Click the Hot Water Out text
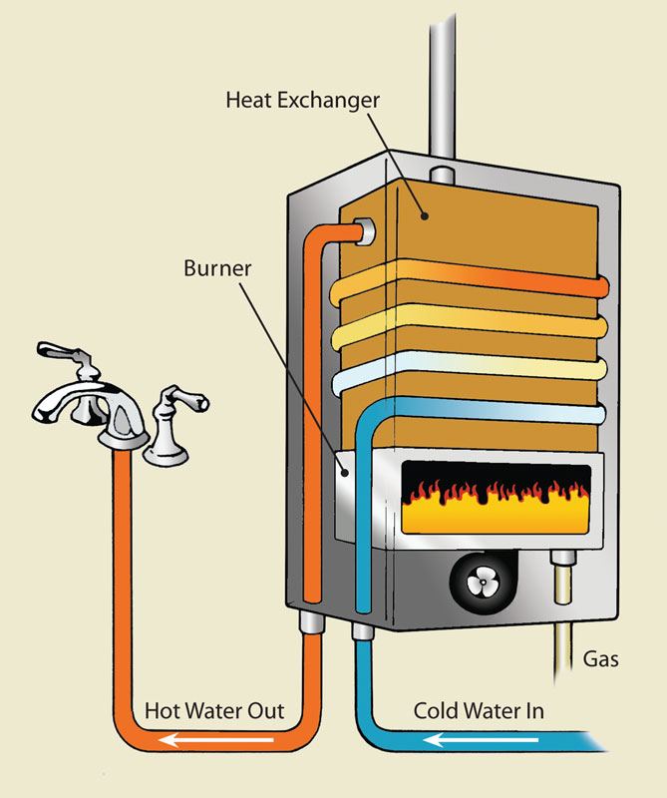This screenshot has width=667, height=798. [x=215, y=712]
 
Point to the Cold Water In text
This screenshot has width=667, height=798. [x=480, y=712]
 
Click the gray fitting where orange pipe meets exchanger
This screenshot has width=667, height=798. [x=362, y=231]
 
